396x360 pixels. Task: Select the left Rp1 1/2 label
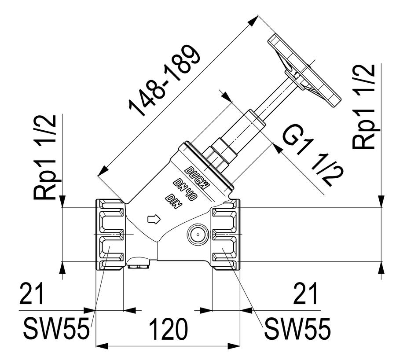click(x=45, y=158)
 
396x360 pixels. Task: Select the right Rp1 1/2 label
click(x=364, y=107)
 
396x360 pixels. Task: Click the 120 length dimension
click(x=169, y=329)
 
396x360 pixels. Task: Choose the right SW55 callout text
click(x=297, y=328)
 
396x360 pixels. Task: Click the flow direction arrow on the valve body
click(x=154, y=219)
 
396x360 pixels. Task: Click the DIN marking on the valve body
click(x=173, y=202)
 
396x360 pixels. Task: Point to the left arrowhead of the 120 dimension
click(x=102, y=346)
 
